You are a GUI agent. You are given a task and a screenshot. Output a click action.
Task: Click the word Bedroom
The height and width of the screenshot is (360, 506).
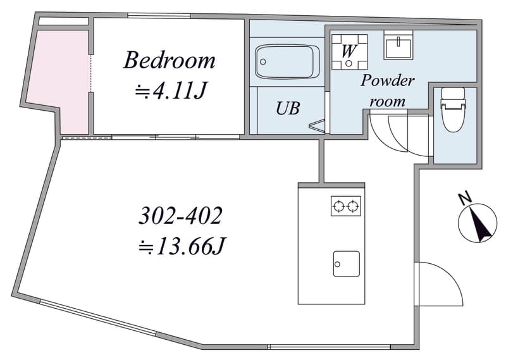pyautogui.click(x=169, y=60)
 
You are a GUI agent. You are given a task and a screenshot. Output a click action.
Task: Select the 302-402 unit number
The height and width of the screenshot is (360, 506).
pyautogui.click(x=181, y=215)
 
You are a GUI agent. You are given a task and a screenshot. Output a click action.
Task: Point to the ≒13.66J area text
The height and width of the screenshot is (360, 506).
pyautogui.click(x=182, y=247)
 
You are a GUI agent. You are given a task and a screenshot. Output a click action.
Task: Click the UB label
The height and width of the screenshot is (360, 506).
pyautogui.click(x=288, y=108)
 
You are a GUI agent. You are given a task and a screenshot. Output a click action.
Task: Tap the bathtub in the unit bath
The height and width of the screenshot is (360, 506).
pyautogui.click(x=287, y=61)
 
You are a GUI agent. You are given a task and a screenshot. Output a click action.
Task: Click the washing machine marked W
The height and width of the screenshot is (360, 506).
pyautogui.click(x=350, y=52)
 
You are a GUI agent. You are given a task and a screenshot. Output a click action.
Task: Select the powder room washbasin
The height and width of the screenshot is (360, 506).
pyautogui.click(x=398, y=45)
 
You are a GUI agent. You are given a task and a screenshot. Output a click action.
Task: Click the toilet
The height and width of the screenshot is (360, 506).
pyautogui.click(x=454, y=109)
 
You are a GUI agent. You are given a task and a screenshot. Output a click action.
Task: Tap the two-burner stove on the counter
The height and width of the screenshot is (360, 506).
pyautogui.click(x=345, y=206)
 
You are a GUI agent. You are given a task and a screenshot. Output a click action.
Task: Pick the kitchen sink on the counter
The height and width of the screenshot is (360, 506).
pyautogui.click(x=346, y=264)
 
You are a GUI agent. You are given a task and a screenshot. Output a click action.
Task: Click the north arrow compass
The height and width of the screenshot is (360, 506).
pyautogui.click(x=478, y=223)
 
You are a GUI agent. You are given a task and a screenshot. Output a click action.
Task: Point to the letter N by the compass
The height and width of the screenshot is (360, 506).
pyautogui.click(x=465, y=199)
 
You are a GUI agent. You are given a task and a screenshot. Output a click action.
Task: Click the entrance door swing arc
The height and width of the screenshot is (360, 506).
pyautogui.click(x=452, y=275)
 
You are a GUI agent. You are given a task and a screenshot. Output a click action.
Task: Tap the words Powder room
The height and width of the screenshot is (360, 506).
pyautogui.click(x=387, y=90)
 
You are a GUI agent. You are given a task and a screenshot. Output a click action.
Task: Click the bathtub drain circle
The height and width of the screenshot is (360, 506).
pyautogui.click(x=263, y=61)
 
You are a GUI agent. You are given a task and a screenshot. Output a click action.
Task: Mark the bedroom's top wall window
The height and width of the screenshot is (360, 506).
pyautogui.click(x=159, y=15)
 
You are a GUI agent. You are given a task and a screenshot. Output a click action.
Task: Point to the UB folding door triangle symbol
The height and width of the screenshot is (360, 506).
pyautogui.click(x=318, y=126)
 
